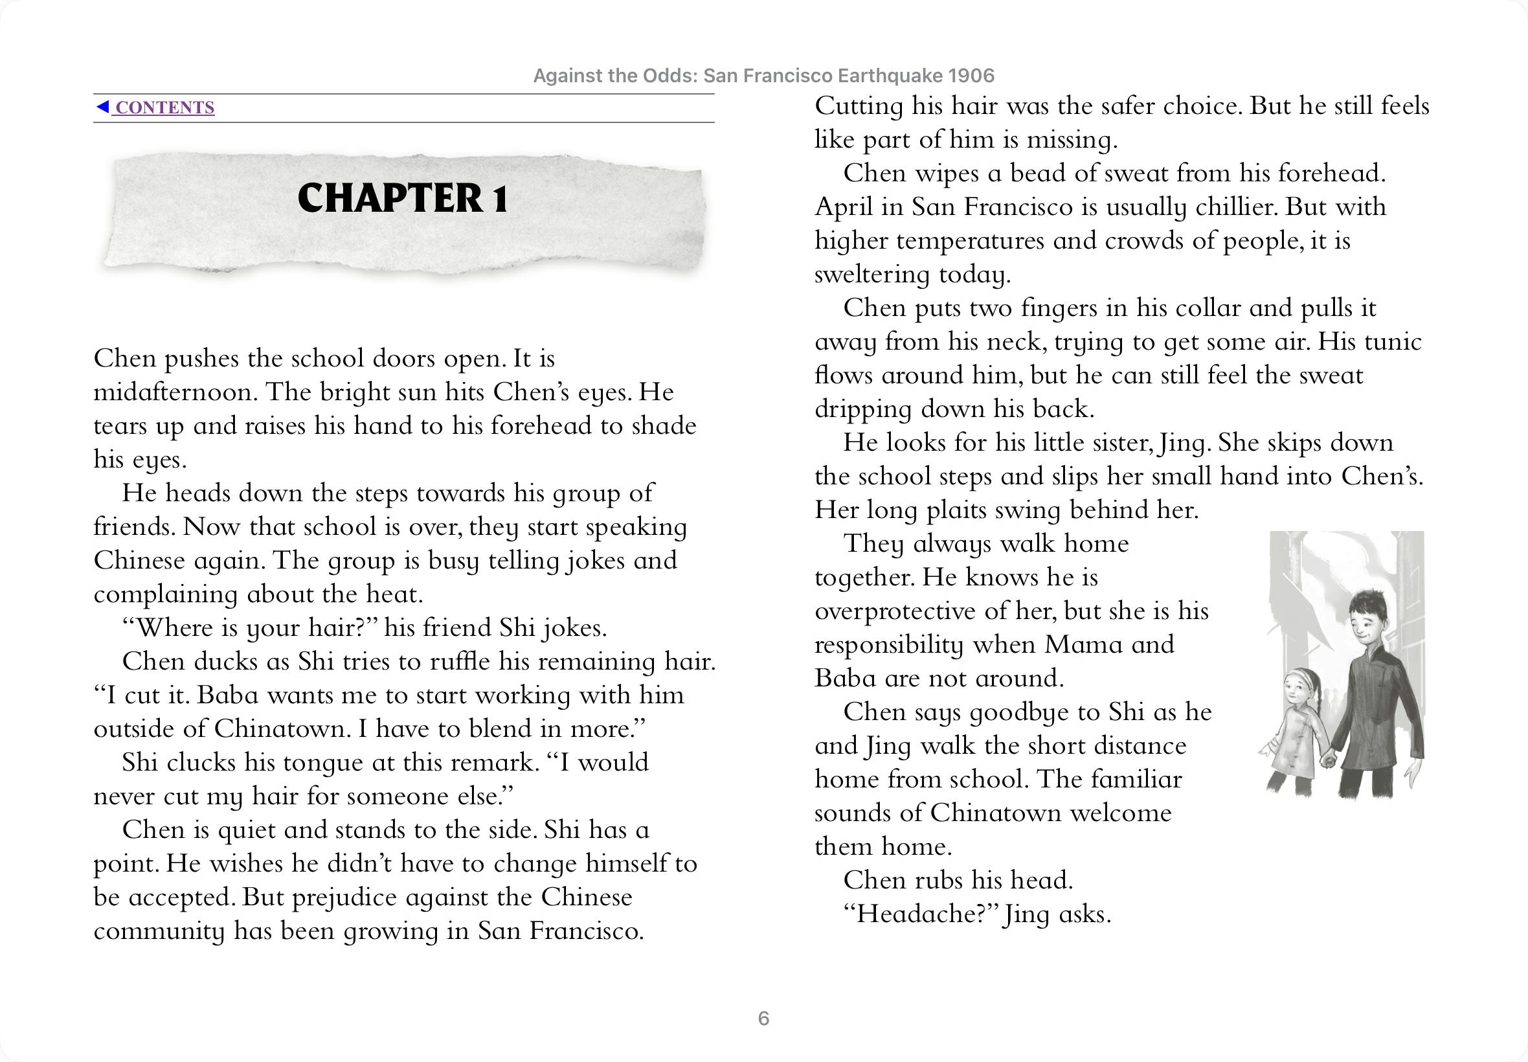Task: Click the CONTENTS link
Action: [x=164, y=107]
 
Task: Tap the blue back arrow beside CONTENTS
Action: [x=102, y=107]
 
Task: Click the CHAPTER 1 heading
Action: [x=403, y=198]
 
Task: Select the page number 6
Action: [x=763, y=1018]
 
